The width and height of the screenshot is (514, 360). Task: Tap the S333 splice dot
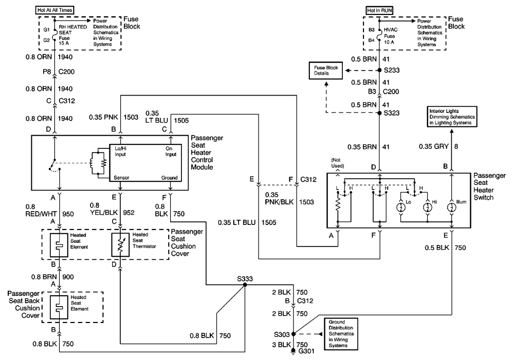(x=244, y=286)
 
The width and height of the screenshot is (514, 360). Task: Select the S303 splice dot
(x=293, y=333)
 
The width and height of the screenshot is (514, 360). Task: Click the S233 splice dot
(x=379, y=70)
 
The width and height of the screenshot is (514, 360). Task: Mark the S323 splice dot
(x=379, y=112)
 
